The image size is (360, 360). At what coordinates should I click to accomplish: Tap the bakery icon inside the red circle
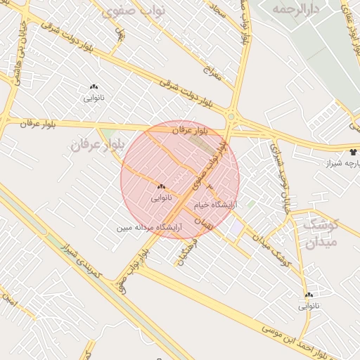[161, 186]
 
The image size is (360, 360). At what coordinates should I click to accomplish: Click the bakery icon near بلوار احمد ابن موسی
[309, 295]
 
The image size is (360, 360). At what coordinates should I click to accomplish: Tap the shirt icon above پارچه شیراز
[353, 151]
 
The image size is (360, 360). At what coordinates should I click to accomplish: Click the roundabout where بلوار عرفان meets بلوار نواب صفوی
[231, 116]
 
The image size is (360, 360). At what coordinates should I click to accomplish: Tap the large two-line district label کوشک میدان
[322, 233]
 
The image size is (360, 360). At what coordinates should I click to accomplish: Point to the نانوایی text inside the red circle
[161, 198]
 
